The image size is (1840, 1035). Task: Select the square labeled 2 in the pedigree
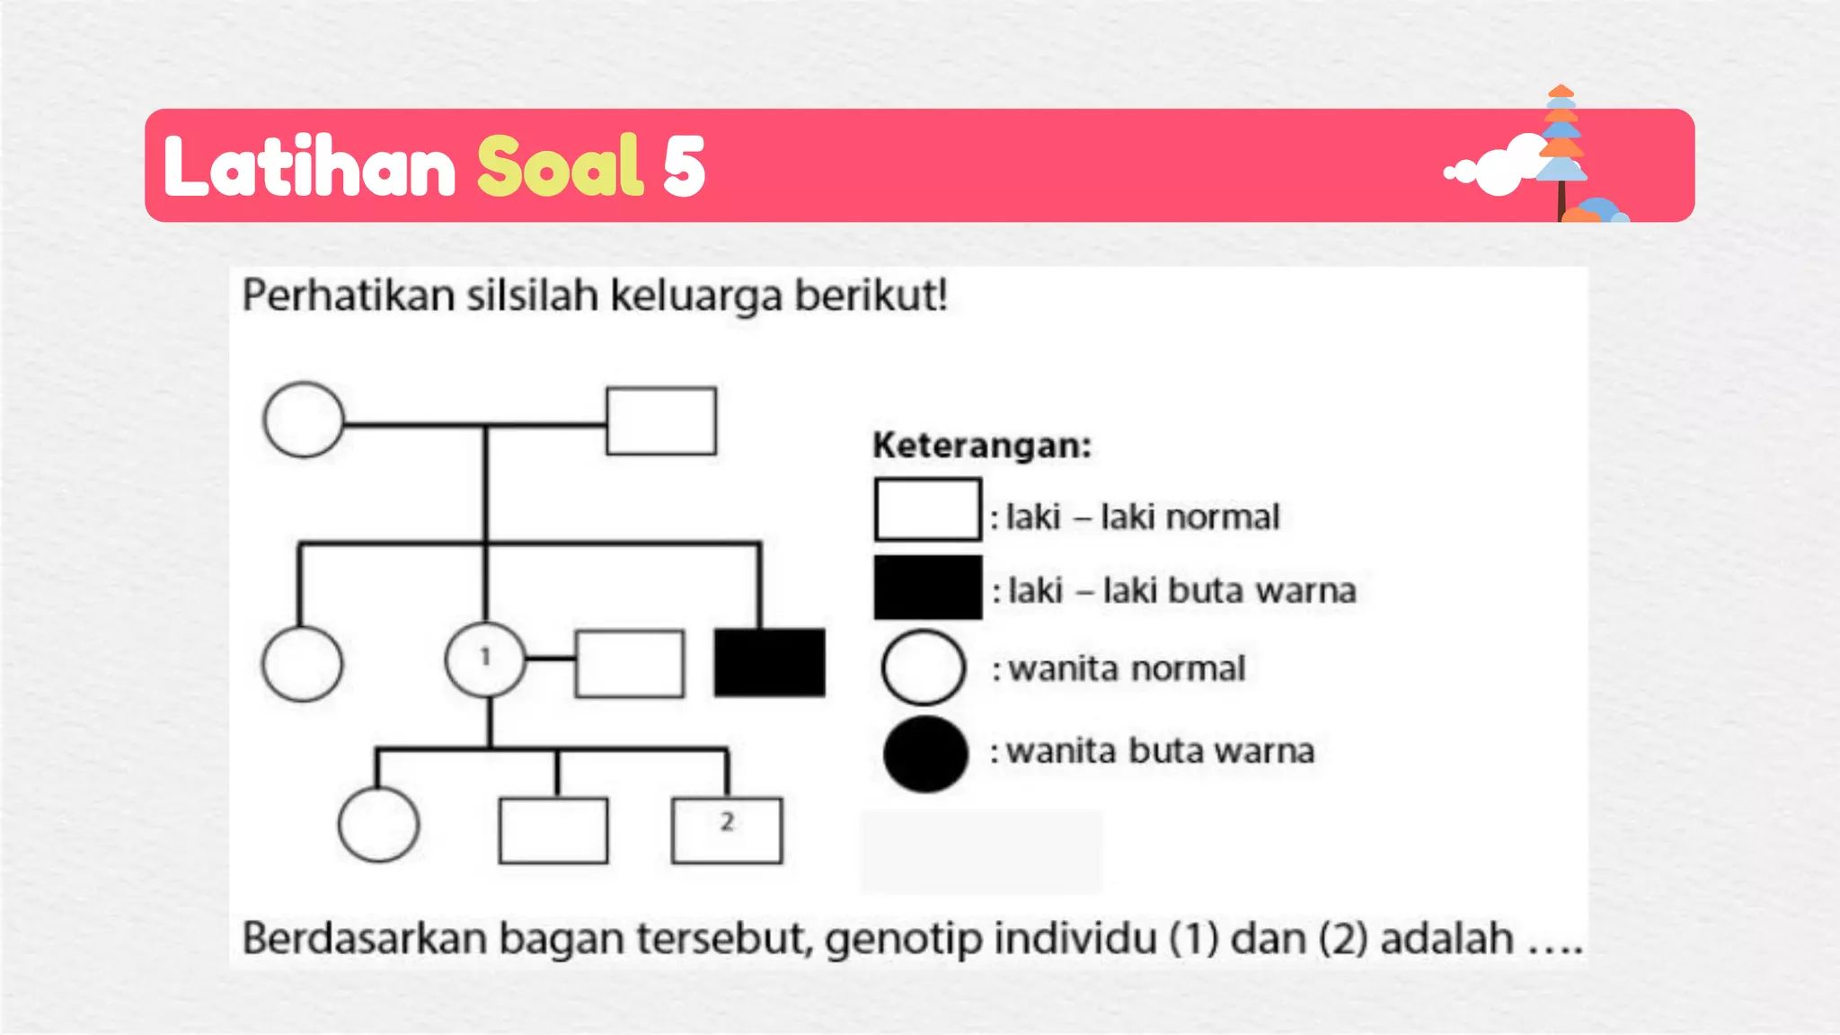727,830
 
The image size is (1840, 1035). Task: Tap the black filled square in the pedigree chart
769,662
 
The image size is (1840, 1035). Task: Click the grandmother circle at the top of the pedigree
304,420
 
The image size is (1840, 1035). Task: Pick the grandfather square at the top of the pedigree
661,420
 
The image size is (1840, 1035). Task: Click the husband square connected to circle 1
629,663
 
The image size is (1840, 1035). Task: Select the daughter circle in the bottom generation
378,825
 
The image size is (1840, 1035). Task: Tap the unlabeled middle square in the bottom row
553,830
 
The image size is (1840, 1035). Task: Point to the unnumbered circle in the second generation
302,663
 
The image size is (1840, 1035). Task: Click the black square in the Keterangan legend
927,588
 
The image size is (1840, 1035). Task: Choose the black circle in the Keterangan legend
925,754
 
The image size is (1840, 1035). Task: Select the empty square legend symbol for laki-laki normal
927,509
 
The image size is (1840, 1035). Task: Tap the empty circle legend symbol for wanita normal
924,668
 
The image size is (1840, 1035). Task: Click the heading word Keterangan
981,446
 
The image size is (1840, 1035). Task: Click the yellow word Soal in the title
560,166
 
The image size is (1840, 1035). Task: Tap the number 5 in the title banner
684,167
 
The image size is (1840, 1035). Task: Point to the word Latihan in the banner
310,166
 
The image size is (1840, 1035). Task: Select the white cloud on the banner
1496,167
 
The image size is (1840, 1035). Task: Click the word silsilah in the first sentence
532,295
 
